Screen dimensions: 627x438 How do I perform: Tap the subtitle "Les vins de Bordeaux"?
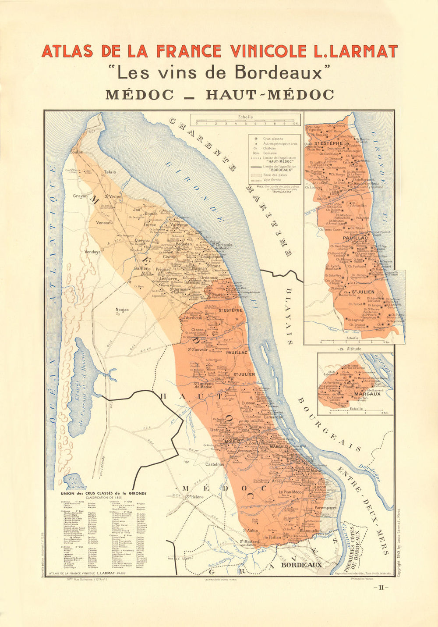click(x=219, y=72)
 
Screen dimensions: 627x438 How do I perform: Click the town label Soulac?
click(x=77, y=152)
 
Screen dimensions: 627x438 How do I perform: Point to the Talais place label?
click(x=110, y=172)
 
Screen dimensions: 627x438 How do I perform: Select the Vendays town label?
click(x=92, y=252)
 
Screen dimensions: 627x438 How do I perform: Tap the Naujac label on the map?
click(x=122, y=310)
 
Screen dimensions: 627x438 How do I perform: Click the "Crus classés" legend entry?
click(x=273, y=138)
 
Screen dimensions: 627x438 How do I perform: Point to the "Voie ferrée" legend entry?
click(x=272, y=180)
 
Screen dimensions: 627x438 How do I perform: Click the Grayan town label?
click(x=80, y=196)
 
